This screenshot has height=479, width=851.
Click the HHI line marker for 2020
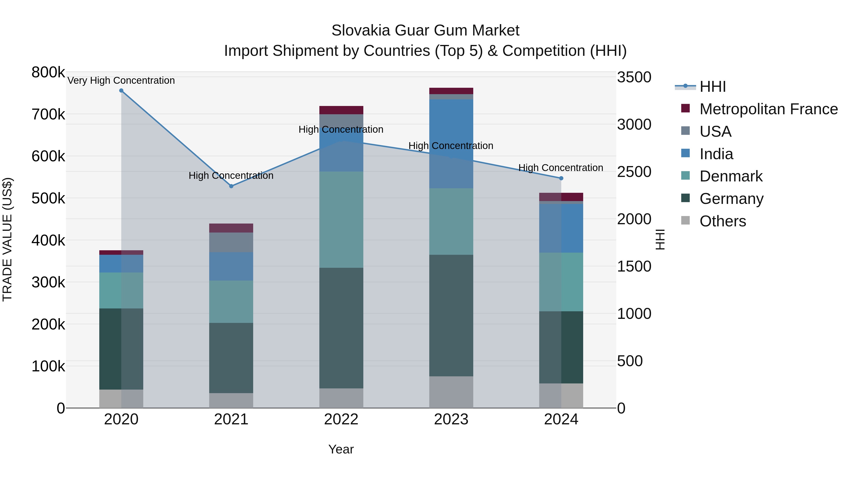[121, 91]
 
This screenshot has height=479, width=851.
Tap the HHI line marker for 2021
[231, 186]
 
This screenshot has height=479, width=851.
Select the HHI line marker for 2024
[561, 178]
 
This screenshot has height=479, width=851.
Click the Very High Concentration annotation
[121, 81]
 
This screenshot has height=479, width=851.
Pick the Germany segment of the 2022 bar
[341, 328]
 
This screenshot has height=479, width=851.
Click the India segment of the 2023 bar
[451, 144]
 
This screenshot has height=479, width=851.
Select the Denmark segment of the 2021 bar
[231, 302]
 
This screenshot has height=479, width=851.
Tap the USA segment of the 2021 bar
[231, 242]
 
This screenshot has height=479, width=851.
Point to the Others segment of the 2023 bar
[451, 392]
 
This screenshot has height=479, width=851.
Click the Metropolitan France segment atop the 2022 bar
[341, 110]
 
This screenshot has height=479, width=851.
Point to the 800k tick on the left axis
[48, 72]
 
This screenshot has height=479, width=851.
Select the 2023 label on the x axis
[451, 419]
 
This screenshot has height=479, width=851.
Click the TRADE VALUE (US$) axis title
[7, 240]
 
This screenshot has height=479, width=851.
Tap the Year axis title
[341, 449]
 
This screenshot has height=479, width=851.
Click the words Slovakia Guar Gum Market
[425, 31]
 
